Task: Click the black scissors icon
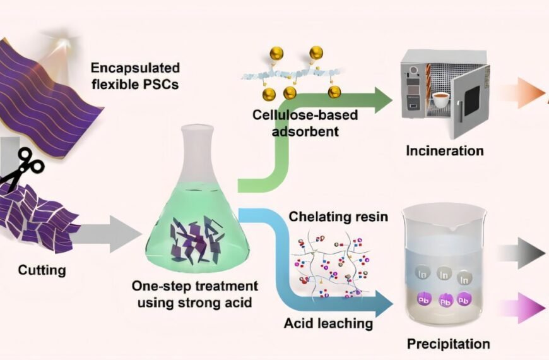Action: [21, 167]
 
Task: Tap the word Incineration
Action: [445, 151]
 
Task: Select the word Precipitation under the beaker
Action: [448, 344]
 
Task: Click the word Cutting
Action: [42, 270]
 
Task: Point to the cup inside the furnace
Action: [442, 100]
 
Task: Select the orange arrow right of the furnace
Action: [521, 93]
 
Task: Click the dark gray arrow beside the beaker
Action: [521, 253]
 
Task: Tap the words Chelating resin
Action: [338, 217]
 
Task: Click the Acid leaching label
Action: [328, 323]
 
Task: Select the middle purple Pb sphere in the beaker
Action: [445, 301]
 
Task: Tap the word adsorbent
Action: [305, 131]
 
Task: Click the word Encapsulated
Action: [135, 68]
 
